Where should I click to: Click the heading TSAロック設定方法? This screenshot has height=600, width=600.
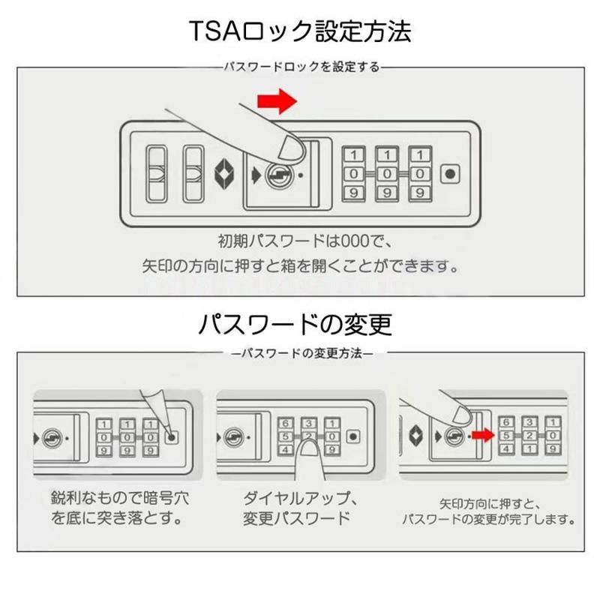[299, 31]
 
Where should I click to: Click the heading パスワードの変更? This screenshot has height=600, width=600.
[295, 324]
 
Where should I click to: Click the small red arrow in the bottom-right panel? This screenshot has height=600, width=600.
[481, 434]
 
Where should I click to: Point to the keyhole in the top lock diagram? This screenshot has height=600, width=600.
[278, 174]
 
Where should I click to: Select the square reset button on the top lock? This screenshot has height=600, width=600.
[449, 174]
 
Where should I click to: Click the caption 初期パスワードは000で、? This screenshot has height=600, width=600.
[300, 241]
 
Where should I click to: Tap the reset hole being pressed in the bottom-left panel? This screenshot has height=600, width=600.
[172, 436]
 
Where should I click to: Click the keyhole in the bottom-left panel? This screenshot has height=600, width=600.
[54, 436]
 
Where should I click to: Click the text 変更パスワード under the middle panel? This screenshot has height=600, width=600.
[295, 518]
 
